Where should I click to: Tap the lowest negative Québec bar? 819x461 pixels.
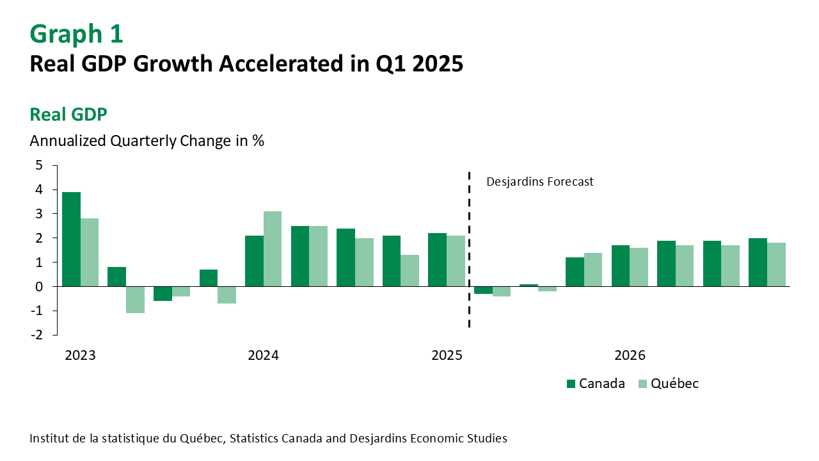coord(135,300)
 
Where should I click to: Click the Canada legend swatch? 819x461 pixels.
coord(571,384)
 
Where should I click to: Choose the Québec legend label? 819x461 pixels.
coord(674,384)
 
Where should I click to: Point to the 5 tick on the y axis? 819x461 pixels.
coord(39,165)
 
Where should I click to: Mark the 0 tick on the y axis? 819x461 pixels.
coord(39,286)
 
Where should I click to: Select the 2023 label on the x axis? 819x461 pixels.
coord(80,355)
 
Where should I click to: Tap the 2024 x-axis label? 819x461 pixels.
coord(263,355)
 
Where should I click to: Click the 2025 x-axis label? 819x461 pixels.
coord(447,355)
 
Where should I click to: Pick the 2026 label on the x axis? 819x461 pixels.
coord(630,355)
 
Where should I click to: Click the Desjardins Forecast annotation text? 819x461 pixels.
coord(539,182)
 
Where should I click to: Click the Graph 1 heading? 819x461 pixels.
coord(76,34)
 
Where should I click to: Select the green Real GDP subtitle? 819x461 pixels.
coord(68,115)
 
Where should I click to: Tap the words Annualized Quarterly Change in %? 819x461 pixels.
coord(147,141)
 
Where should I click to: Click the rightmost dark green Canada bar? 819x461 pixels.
coord(758,262)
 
